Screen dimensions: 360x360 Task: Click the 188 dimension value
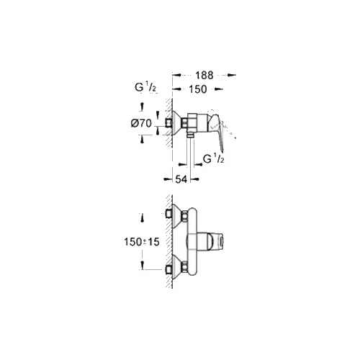point(204,75)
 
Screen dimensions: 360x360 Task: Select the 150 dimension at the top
point(198,89)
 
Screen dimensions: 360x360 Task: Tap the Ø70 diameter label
point(141,124)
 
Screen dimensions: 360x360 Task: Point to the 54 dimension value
point(181,179)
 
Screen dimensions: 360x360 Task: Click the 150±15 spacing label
point(142,242)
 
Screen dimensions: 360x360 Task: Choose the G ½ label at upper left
point(145,88)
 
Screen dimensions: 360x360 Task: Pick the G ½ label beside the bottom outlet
point(214,159)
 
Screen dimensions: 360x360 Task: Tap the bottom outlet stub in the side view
point(191,135)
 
